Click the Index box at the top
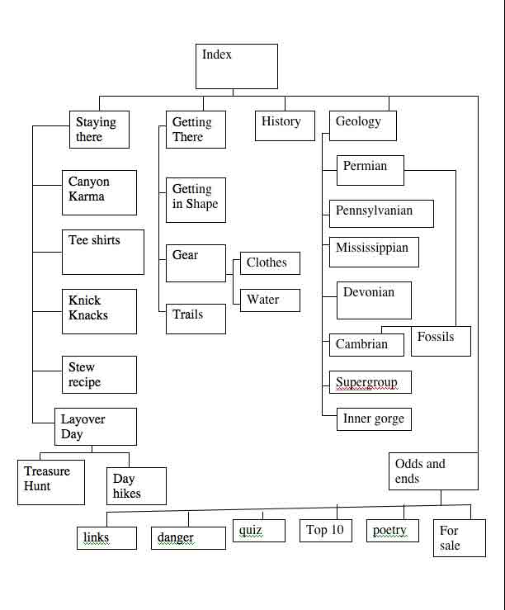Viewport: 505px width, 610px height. tap(236, 66)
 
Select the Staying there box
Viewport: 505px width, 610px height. tap(99, 130)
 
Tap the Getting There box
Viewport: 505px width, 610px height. tap(196, 130)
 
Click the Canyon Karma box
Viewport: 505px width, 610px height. tap(99, 192)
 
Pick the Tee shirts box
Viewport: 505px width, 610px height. tap(103, 252)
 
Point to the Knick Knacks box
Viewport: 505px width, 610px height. tap(99, 311)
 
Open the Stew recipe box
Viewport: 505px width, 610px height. tap(99, 375)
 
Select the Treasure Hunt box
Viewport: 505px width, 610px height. tap(51, 481)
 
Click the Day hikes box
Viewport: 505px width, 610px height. tap(136, 486)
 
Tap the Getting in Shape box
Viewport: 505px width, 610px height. tap(196, 201)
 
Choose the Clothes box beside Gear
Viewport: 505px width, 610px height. tap(270, 263)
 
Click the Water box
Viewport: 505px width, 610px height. tap(270, 300)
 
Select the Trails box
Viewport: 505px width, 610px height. tap(196, 319)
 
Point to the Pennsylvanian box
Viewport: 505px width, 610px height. tap(380, 212)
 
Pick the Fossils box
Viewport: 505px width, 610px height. tap(441, 340)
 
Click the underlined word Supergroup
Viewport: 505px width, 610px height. tap(366, 382)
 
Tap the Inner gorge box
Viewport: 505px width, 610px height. tap(373, 419)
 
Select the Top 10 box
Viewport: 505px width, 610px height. tap(326, 531)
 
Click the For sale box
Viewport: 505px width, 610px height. tap(459, 538)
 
